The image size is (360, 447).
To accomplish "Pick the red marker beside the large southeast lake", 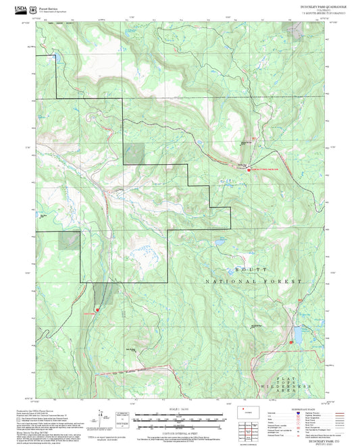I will pyautogui.click(x=291, y=341).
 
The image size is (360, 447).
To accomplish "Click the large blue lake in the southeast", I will pyautogui.click(x=298, y=334).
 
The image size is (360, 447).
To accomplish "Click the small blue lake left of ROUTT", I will pyautogui.click(x=219, y=241).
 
